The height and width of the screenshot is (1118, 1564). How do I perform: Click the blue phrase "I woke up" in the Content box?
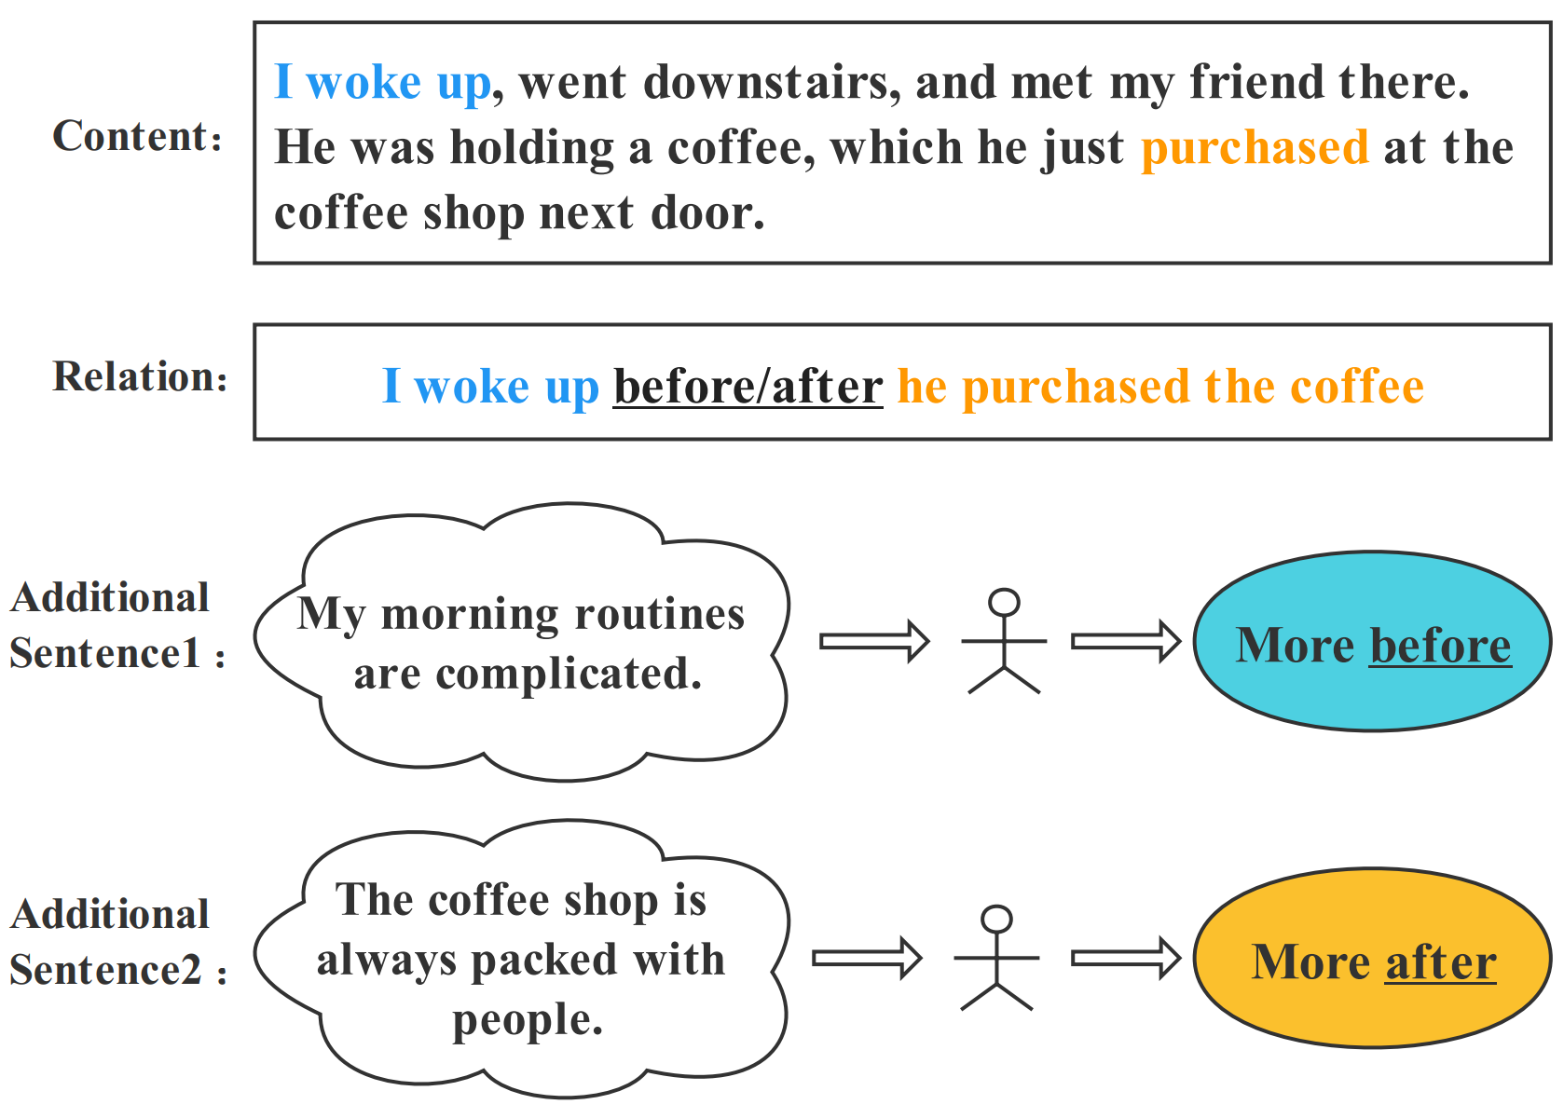[x=382, y=83]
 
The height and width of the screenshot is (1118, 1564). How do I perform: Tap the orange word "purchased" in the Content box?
[x=1255, y=148]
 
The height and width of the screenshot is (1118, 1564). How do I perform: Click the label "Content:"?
[x=138, y=137]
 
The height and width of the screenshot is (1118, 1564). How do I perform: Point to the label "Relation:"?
[x=140, y=377]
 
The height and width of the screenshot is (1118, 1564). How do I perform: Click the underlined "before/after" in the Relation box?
[x=748, y=387]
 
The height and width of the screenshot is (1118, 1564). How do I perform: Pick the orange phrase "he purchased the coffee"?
[x=1160, y=387]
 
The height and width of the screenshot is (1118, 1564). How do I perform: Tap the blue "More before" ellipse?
[x=1372, y=642]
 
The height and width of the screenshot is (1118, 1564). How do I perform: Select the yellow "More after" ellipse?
[x=1372, y=959]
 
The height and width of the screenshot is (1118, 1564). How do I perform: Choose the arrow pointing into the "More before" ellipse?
[x=1125, y=641]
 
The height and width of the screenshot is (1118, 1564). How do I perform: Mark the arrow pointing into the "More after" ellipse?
[x=1125, y=958]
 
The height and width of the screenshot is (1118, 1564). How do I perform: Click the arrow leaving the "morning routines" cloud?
[x=873, y=641]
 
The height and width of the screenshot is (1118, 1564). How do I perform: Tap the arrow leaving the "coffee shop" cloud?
[x=866, y=958]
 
